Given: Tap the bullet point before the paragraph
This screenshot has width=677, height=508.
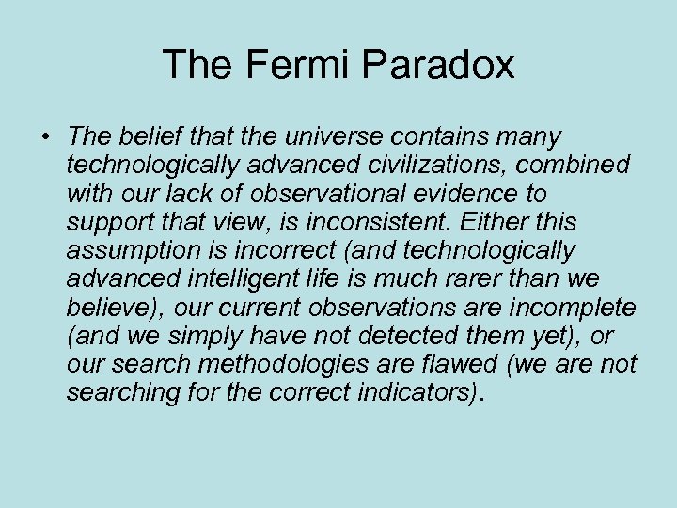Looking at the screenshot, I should [x=44, y=138].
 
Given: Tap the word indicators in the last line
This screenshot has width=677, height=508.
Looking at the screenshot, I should [x=420, y=391].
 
